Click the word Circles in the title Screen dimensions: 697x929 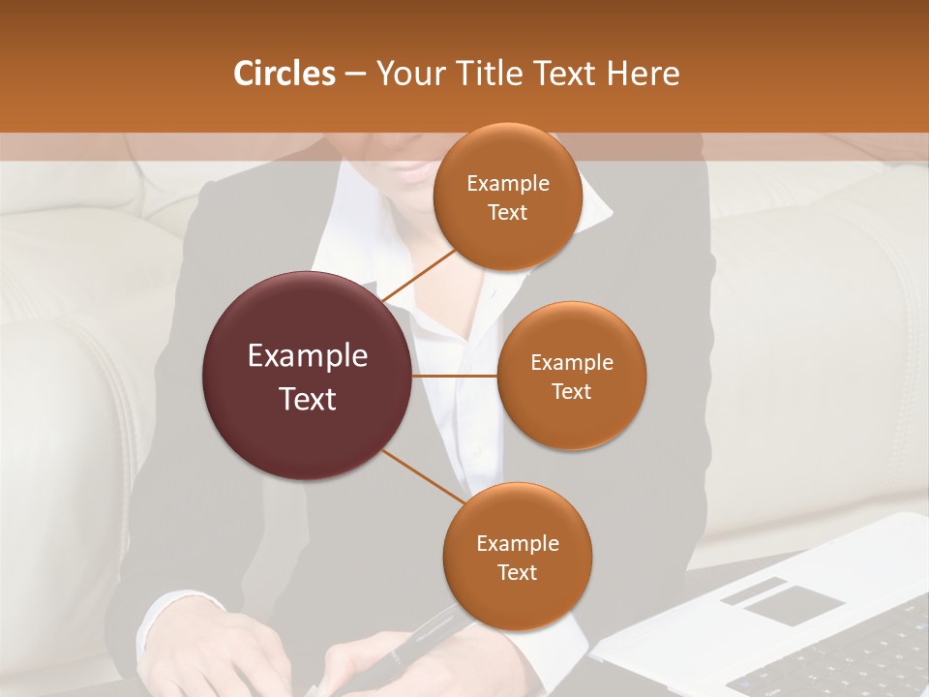284,74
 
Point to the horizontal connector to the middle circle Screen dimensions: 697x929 454,376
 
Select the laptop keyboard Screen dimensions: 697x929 852,658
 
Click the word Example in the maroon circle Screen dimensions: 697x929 308,356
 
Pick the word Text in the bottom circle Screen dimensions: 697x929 517,572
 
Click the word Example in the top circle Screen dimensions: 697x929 507,184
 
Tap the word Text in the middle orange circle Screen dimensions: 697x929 571,391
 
